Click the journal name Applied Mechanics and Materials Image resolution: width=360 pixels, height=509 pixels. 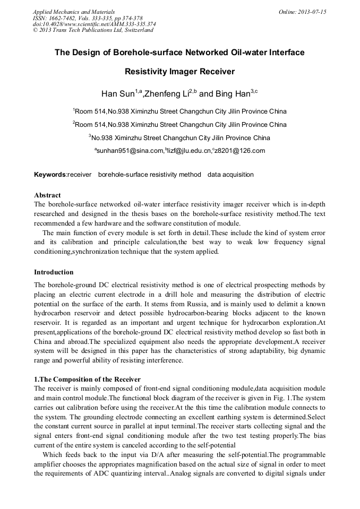(x=74, y=12)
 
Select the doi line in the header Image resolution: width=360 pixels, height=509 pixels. (x=94, y=24)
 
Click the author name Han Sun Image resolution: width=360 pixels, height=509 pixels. (x=117, y=94)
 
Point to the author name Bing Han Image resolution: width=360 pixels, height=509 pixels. (x=233, y=94)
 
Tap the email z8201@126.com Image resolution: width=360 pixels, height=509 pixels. (x=239, y=151)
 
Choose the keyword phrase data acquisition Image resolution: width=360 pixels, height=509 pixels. (x=230, y=175)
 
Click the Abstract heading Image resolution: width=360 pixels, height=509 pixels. (x=47, y=195)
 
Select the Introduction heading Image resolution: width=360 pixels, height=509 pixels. (x=54, y=272)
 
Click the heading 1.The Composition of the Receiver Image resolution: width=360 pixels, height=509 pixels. (x=87, y=379)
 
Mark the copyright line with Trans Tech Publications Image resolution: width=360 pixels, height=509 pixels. (x=93, y=30)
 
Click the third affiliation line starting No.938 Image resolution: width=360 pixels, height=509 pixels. (x=179, y=138)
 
